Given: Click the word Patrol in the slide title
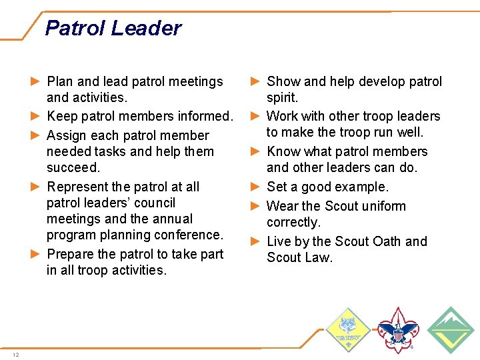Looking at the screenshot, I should point(75,28).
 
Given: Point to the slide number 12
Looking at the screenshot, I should point(15,354).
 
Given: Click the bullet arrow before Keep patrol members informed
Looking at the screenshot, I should point(37,117).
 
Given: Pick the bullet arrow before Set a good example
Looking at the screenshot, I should point(256,187).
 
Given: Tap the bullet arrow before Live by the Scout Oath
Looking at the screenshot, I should point(256,241).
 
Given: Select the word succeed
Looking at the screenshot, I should point(73,167).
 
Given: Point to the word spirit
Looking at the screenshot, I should point(282,98).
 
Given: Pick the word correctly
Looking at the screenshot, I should point(293,222).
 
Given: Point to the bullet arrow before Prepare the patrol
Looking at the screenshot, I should point(37,254).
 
